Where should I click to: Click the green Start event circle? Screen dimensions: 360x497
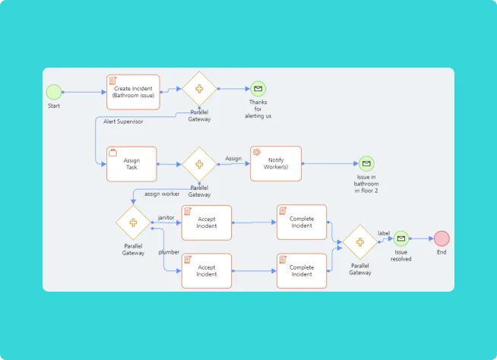[x=53, y=92]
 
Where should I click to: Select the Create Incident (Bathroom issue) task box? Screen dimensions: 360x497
[x=133, y=92]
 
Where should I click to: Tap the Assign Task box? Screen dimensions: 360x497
[x=131, y=164]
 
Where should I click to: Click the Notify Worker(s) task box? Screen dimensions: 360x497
[x=276, y=163]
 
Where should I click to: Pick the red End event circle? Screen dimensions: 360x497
[x=442, y=238]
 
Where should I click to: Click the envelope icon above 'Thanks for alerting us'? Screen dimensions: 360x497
[x=258, y=89]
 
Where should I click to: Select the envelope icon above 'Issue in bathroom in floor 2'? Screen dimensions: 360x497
[x=366, y=163]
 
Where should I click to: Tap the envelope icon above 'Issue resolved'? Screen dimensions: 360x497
[x=401, y=238]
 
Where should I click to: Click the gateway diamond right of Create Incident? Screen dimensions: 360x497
[x=199, y=89]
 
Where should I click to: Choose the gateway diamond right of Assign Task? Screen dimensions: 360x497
[x=199, y=164]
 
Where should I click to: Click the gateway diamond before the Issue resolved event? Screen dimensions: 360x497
[x=360, y=242]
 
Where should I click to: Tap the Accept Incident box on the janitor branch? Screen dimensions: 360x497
[x=207, y=222]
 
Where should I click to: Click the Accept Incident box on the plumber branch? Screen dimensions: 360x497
[x=207, y=270]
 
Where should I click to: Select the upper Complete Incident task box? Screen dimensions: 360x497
[x=302, y=222]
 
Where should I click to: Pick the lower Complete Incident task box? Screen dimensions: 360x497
[x=302, y=270]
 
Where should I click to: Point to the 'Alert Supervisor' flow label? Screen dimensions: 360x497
[x=123, y=122]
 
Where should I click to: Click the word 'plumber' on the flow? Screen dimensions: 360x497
[x=169, y=251]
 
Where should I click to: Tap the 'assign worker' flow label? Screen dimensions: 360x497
[x=162, y=194]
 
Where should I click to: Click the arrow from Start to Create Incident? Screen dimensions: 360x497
[x=84, y=92]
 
